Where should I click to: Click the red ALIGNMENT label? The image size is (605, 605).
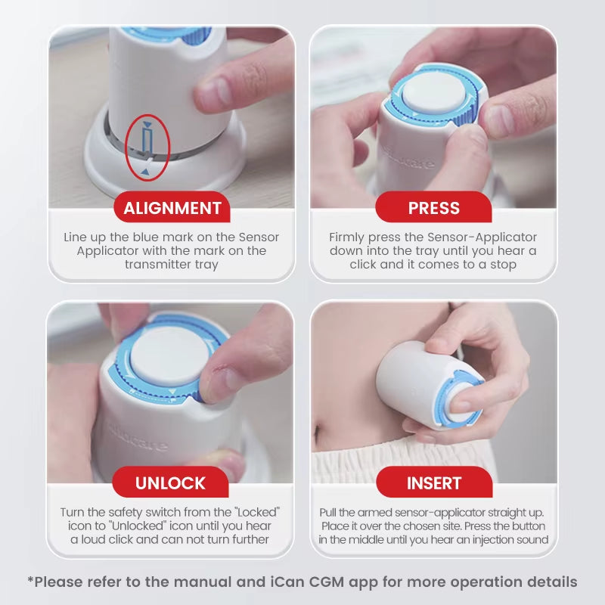pos(172,208)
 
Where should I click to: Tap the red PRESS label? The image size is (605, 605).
pos(433,208)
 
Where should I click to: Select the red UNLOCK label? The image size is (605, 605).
pos(170,482)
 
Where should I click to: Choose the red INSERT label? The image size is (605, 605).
pos(433,482)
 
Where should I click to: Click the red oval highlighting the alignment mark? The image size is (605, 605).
pos(147,147)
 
